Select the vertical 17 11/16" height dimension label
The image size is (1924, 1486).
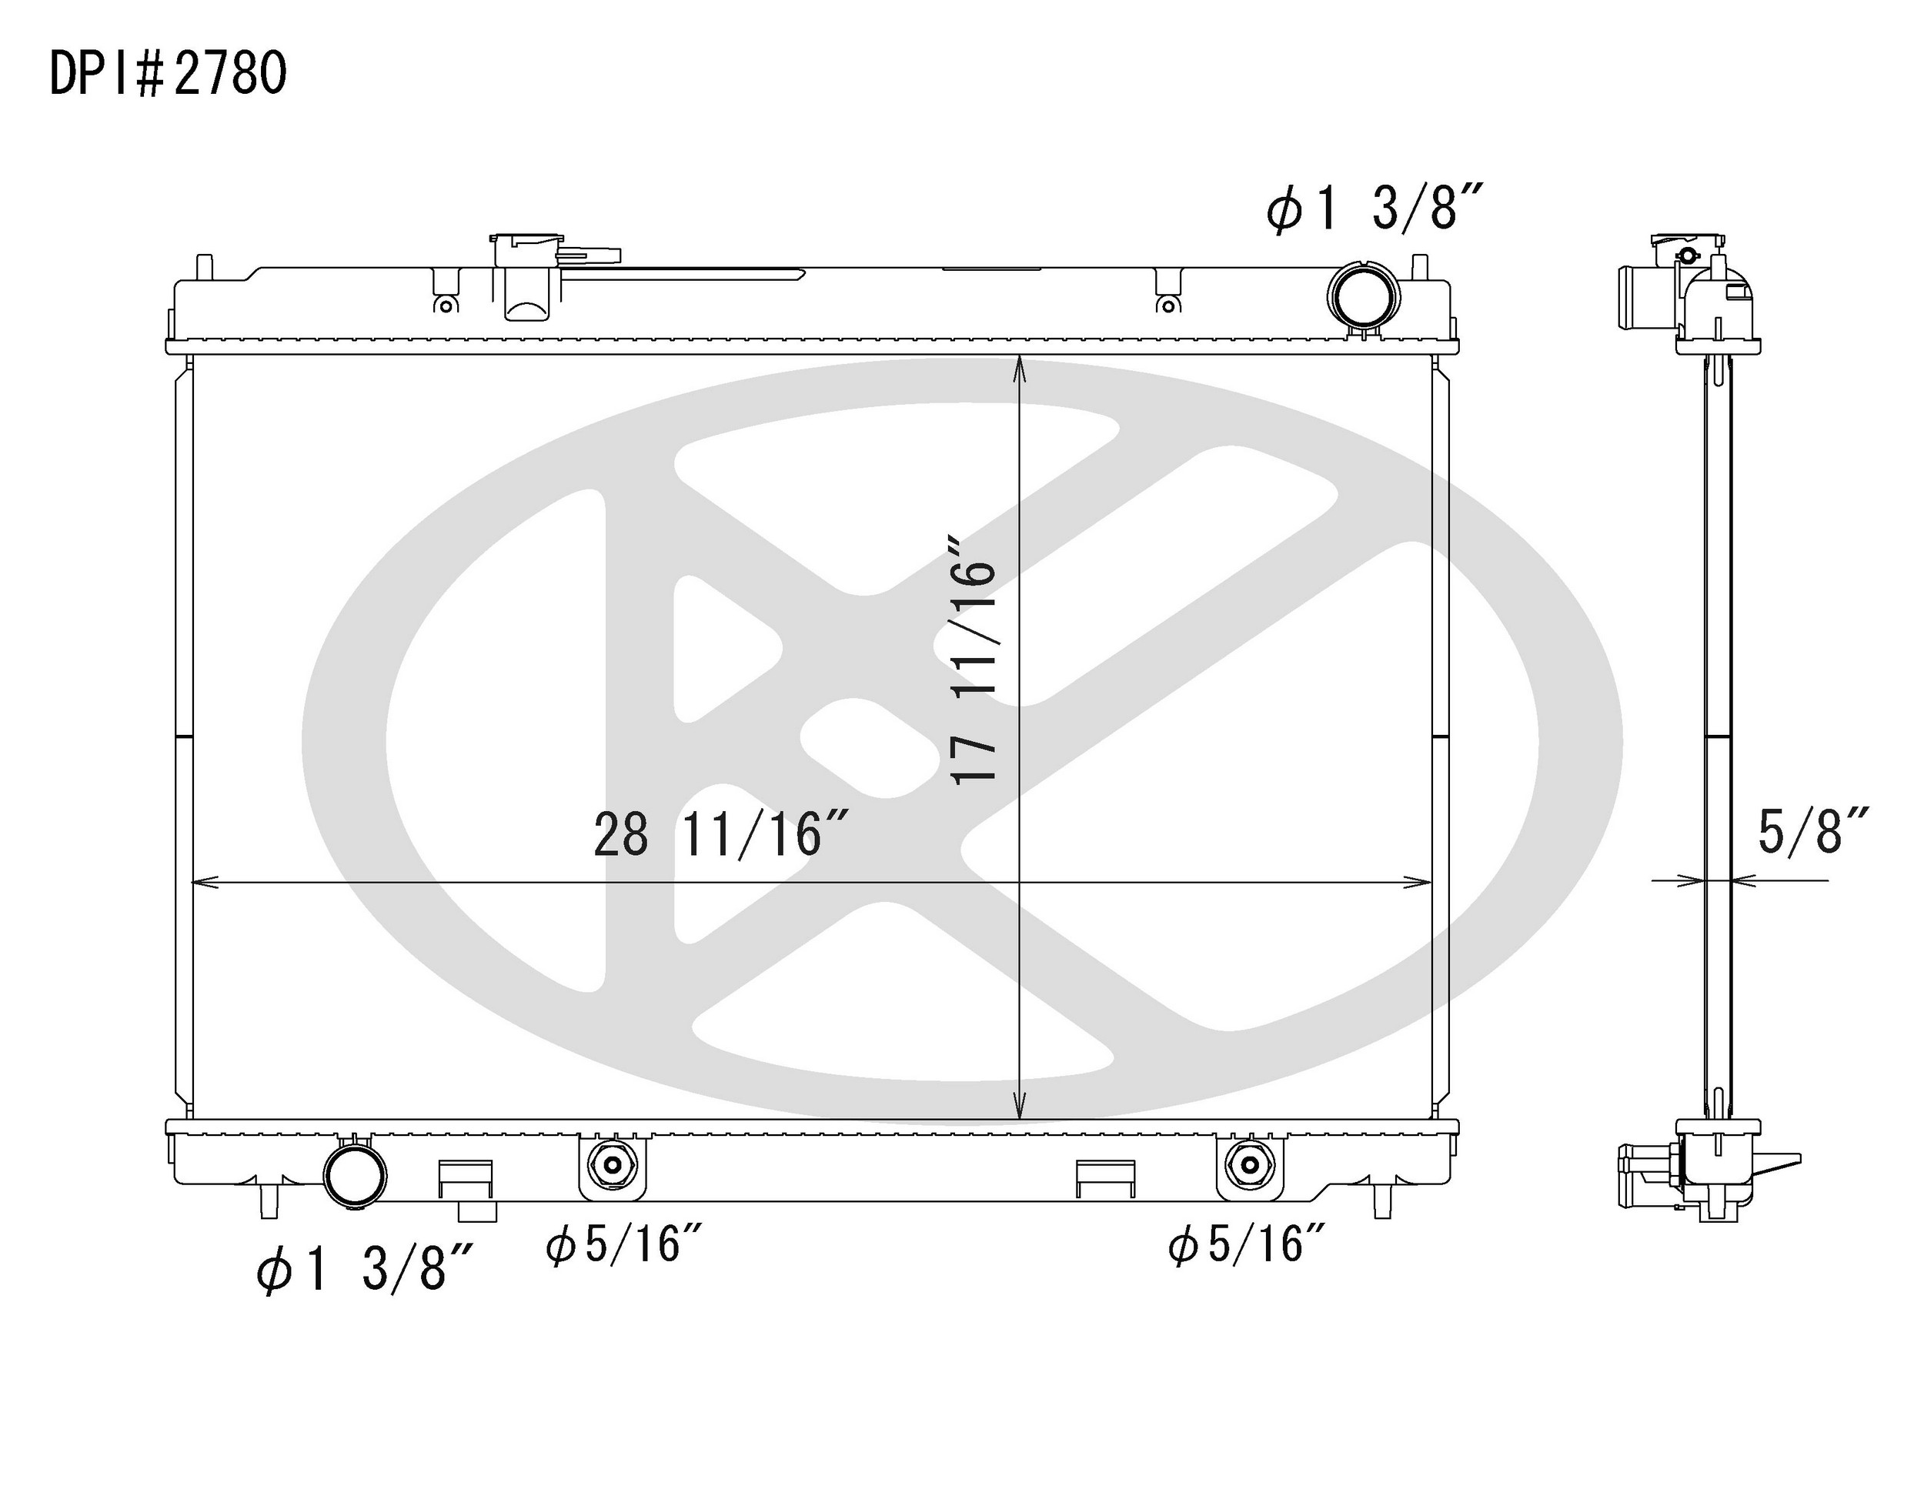click(x=974, y=658)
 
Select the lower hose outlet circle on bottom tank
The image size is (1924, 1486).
click(x=355, y=1175)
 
